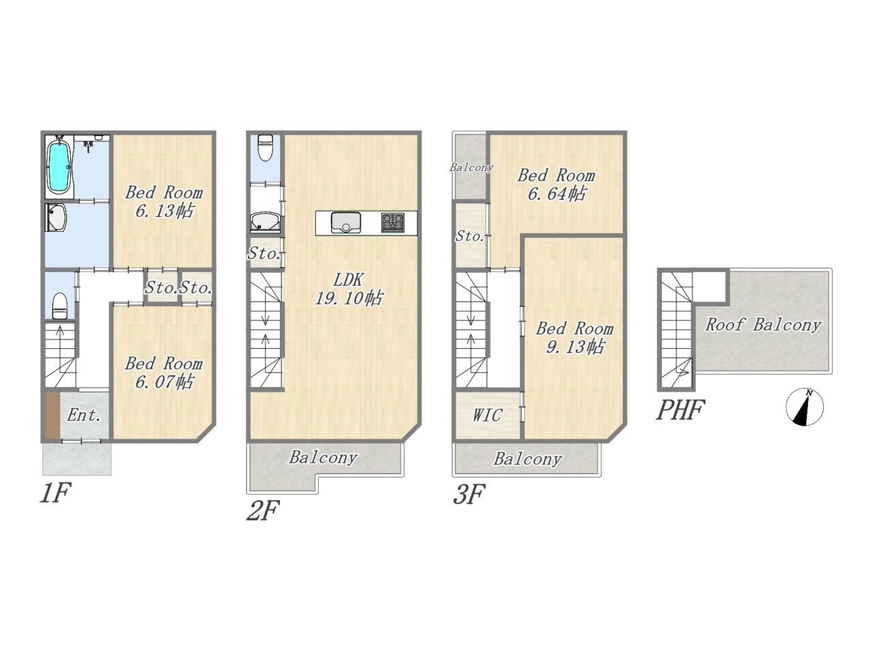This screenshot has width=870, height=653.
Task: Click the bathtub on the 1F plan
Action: [60, 167]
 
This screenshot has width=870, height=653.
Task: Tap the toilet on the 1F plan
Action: [60, 305]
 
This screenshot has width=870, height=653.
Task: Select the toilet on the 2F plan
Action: [265, 148]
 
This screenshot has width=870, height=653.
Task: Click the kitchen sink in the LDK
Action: [346, 223]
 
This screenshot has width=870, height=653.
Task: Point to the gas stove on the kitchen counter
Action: [393, 222]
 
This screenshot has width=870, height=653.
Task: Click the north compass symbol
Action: [804, 407]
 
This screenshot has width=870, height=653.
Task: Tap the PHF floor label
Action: [680, 410]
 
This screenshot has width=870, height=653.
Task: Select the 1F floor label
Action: [56, 493]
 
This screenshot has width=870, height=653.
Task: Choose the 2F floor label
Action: [263, 510]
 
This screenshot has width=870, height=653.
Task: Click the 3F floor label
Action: [469, 495]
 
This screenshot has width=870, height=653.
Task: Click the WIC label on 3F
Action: [487, 415]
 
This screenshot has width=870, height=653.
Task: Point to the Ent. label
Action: [83, 415]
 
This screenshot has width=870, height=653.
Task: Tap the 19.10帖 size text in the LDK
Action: [349, 298]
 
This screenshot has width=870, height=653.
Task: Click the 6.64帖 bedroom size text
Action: [557, 194]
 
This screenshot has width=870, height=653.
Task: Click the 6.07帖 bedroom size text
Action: [164, 382]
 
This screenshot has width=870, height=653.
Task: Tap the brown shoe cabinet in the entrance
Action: [52, 415]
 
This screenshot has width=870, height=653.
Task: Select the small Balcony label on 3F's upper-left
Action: [471, 168]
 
